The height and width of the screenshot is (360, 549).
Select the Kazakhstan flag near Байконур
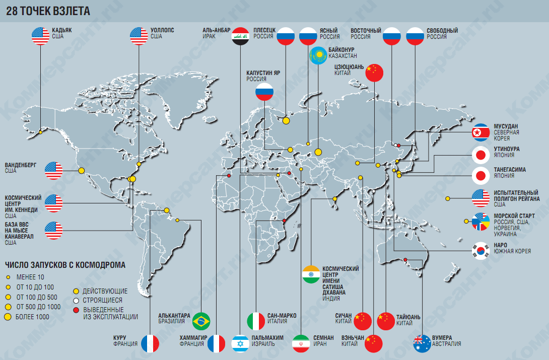click(318, 56)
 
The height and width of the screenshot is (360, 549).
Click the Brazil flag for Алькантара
click(201, 320)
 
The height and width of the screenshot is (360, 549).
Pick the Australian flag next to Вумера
click(422, 343)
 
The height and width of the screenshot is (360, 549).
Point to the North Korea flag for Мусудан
click(481, 132)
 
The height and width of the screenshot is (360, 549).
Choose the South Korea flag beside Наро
click(480, 250)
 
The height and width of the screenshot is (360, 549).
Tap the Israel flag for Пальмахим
click(240, 343)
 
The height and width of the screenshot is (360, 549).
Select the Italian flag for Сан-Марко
click(256, 321)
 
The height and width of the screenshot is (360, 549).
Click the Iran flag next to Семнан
click(301, 343)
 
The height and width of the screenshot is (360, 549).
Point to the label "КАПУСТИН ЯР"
click(263, 73)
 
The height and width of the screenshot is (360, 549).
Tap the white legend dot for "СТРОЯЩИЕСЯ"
click(76, 300)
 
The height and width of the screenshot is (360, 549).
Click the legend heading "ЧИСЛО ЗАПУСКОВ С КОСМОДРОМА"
click(64, 265)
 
